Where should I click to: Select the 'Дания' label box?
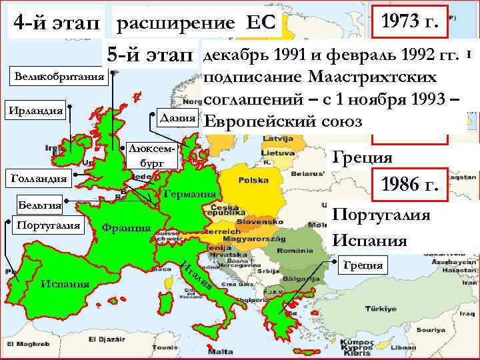pyautogui.click(x=175, y=117)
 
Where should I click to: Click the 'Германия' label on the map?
pyautogui.click(x=189, y=193)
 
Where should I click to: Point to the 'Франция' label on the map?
pyautogui.click(x=126, y=227)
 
